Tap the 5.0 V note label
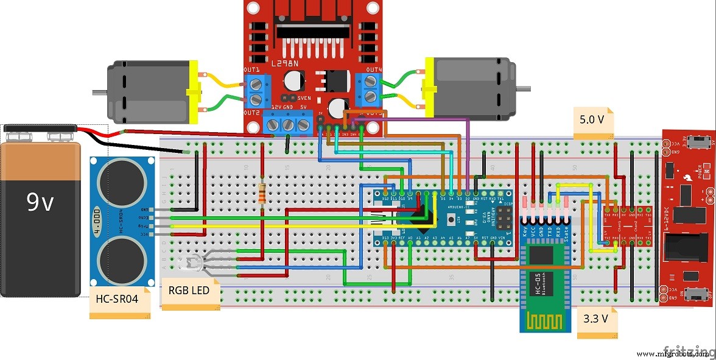592,120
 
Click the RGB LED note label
189,291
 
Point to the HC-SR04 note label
117,299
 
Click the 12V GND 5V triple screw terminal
287,125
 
